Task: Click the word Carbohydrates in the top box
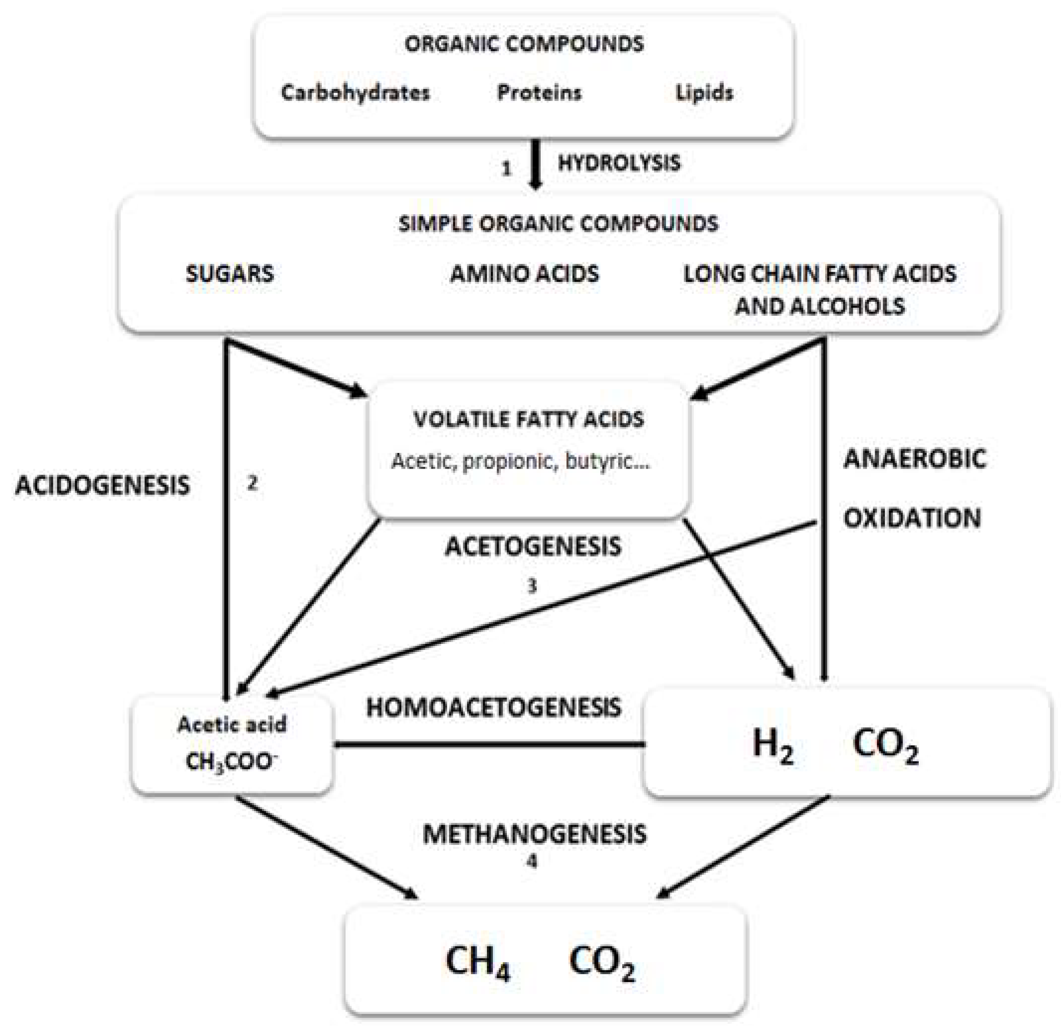pos(355,93)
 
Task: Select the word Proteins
pos(539,93)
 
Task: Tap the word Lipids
pos(704,93)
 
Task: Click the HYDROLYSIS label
pos(619,163)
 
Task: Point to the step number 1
pos(506,169)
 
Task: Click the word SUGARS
pos(230,273)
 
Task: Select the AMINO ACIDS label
pos(525,273)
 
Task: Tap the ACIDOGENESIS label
pos(103,485)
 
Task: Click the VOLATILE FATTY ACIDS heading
pos(529,419)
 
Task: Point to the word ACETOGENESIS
pos(533,547)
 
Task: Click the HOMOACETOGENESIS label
pos(494,707)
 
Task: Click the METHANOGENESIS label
pos(535,834)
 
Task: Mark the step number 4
pos(532,861)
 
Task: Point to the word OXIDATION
pos(912,518)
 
